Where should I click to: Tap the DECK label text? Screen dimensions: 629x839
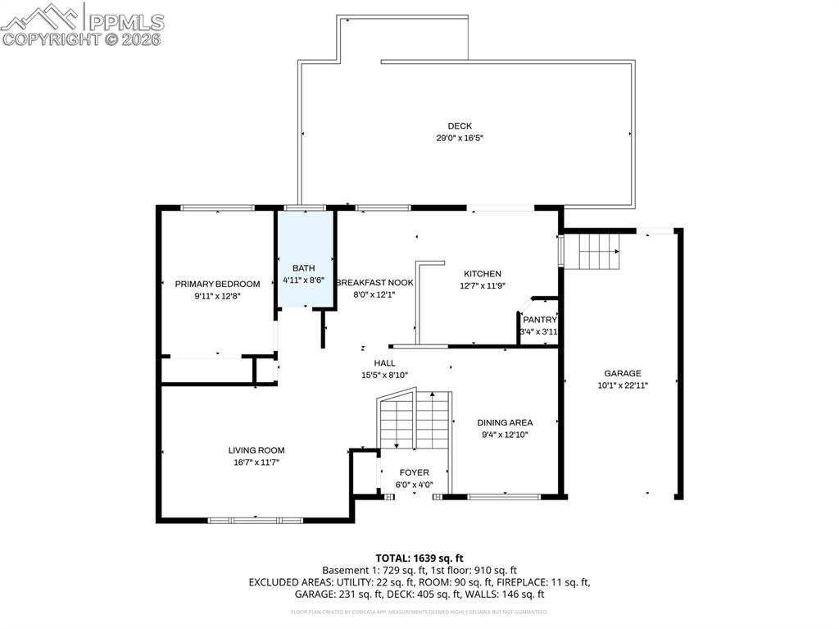[459, 125]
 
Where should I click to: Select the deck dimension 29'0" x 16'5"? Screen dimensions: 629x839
[459, 139]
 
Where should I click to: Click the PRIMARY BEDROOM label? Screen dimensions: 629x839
[217, 284]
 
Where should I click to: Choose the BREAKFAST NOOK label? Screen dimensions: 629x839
[374, 282]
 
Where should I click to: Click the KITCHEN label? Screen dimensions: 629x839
[482, 274]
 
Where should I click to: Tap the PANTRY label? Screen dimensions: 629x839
[539, 320]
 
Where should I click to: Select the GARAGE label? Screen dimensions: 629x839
[623, 372]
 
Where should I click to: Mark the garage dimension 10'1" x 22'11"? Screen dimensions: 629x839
[623, 385]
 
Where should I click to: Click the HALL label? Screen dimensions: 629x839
[384, 362]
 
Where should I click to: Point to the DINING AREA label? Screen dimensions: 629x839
[505, 422]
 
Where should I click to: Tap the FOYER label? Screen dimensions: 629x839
[414, 472]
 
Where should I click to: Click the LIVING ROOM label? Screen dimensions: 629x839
[256, 450]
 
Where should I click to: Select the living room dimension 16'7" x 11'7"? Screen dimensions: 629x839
[256, 463]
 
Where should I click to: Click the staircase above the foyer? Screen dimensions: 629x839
[415, 420]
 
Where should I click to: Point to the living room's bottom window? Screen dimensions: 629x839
[256, 520]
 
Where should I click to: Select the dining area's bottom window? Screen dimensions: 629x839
[504, 496]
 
